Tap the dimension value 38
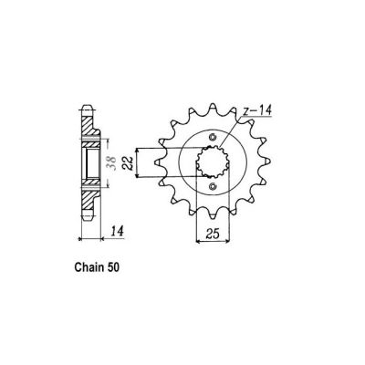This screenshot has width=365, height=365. coord(109,163)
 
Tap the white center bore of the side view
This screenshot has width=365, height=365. coord(91,162)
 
